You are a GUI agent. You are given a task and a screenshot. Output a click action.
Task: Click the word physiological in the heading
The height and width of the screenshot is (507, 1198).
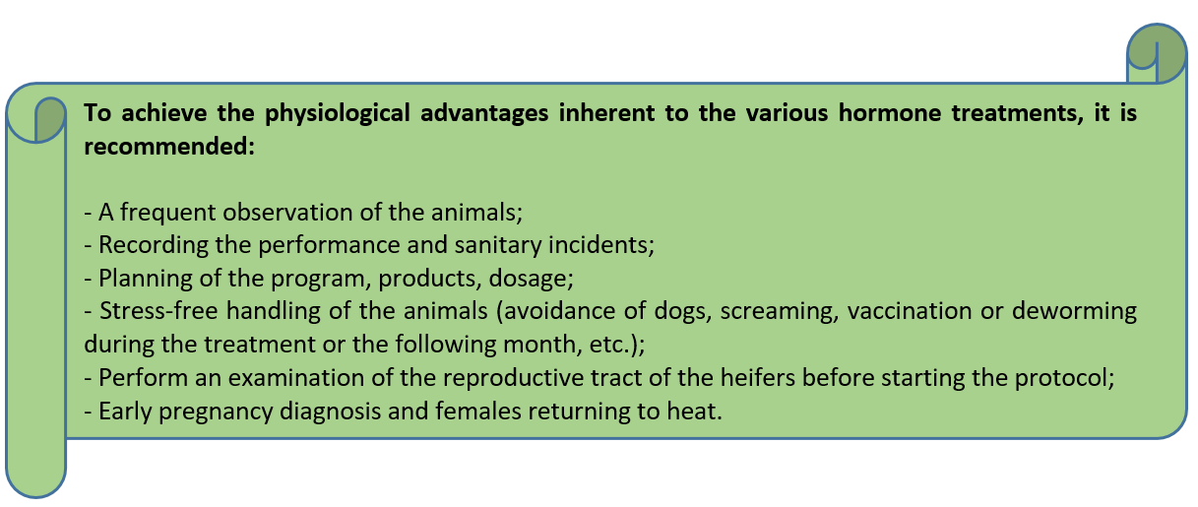[x=338, y=113]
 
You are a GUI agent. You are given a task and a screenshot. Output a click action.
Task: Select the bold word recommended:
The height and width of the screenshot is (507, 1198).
[x=169, y=146]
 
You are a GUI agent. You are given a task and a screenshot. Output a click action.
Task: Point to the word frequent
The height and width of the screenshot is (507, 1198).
[x=168, y=213]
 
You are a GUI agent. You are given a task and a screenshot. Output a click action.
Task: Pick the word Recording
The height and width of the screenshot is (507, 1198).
[x=154, y=245]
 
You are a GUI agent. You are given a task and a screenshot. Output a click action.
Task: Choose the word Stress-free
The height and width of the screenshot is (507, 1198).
[x=158, y=311]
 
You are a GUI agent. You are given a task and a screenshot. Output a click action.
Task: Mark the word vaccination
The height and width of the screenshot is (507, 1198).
[x=910, y=311]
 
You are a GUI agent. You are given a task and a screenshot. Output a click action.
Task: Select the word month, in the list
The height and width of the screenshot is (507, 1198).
[x=542, y=345]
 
